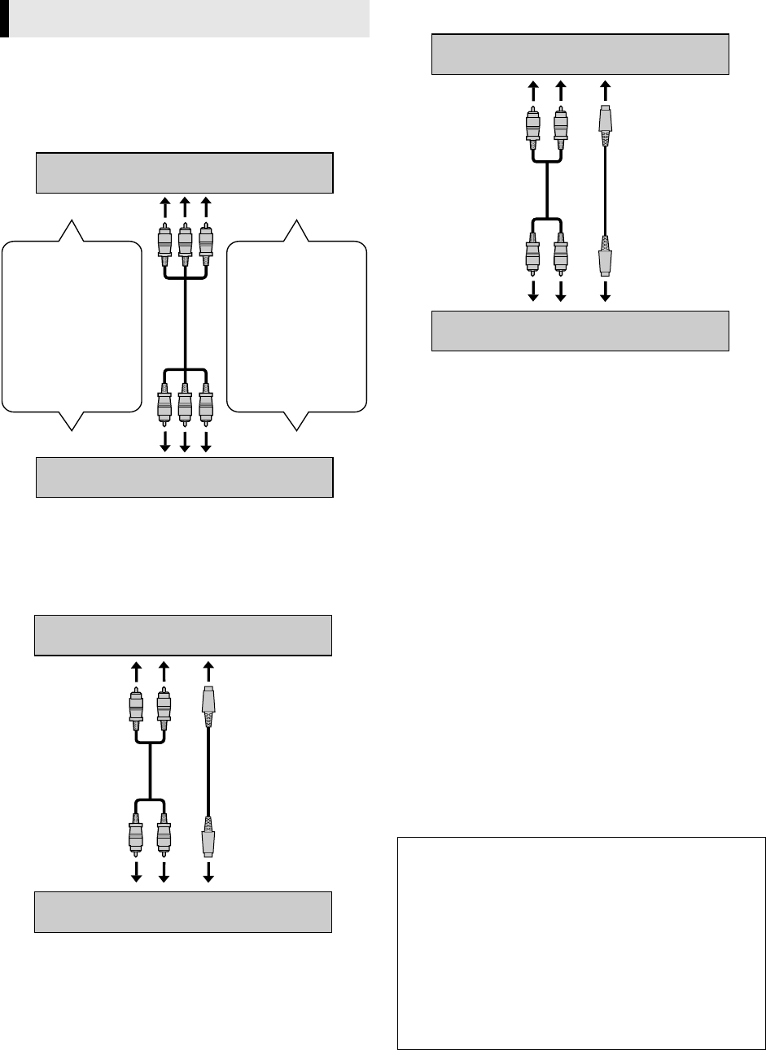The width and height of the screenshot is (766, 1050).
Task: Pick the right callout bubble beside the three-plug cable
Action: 296,325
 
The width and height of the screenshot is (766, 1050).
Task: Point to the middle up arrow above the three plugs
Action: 185,208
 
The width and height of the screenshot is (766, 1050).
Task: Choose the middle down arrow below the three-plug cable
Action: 185,441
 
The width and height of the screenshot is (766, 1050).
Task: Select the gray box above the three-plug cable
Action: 185,172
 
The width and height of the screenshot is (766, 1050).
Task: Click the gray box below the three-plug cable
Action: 185,477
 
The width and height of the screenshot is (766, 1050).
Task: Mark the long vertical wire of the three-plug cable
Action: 185,325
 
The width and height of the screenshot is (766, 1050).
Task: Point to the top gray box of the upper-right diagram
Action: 580,54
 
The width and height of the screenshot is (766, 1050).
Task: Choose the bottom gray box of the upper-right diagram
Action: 580,331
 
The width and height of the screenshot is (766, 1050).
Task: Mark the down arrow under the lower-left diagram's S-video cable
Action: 208,871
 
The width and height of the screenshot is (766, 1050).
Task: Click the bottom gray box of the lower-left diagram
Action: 183,911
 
